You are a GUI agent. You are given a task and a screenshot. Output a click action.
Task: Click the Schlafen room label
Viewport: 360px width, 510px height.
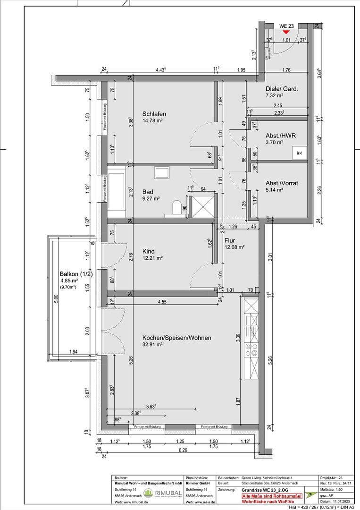pos(154,114)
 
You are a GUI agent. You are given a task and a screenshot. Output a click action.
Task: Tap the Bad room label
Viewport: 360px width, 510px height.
pos(148,192)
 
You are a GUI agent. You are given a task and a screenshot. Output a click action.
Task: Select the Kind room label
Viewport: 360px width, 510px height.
pos(149,251)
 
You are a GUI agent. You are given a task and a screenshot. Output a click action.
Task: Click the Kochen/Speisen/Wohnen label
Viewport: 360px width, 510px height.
pos(176,338)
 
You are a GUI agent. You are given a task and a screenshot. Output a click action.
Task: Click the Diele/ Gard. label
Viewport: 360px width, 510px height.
pos(282,88)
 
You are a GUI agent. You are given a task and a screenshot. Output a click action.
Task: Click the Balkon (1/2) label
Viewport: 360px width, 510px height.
pos(73,274)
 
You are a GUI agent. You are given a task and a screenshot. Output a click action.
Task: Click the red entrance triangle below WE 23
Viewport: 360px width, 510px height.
pos(286,32)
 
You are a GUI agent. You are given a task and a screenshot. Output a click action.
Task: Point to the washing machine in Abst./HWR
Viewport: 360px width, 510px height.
pos(299,153)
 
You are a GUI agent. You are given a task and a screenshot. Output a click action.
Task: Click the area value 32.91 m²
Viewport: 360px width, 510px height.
pos(152,345)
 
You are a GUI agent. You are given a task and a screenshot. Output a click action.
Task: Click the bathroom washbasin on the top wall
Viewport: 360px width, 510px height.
pos(161,172)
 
